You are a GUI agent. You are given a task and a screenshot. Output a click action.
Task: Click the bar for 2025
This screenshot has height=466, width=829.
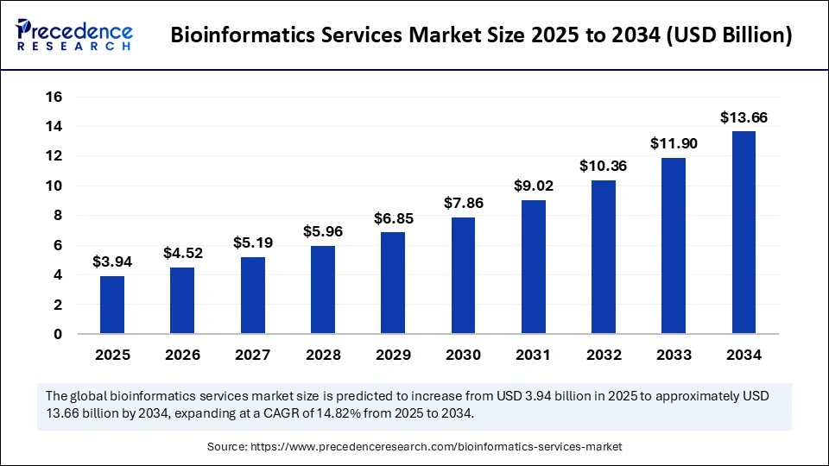pyautogui.click(x=112, y=305)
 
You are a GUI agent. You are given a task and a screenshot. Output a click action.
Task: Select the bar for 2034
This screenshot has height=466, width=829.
pyautogui.click(x=744, y=232)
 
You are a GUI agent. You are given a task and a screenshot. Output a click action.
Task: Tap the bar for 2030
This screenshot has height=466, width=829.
pyautogui.click(x=463, y=275)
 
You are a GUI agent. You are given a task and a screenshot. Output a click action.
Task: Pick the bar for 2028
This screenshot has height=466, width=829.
pyautogui.click(x=323, y=290)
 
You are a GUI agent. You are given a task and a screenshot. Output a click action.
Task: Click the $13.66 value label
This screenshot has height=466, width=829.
pyautogui.click(x=744, y=117)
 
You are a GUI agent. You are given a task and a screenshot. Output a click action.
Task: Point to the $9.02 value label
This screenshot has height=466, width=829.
pyautogui.click(x=533, y=186)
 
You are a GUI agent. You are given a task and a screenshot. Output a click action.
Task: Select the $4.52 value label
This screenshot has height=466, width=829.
pyautogui.click(x=182, y=253)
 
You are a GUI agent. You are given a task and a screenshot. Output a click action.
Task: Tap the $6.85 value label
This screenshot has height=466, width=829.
pyautogui.click(x=393, y=218)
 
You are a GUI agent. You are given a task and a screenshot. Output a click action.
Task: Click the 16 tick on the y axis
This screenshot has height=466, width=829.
pyautogui.click(x=54, y=98)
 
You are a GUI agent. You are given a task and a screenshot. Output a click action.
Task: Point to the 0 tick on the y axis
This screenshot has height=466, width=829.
pyautogui.click(x=58, y=334)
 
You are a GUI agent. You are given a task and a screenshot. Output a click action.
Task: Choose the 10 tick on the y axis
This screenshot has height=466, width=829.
pyautogui.click(x=54, y=186)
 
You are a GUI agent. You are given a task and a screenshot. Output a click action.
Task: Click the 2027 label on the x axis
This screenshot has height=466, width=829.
pyautogui.click(x=252, y=355)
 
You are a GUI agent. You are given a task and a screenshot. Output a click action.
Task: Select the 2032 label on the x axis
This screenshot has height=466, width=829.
pyautogui.click(x=604, y=355)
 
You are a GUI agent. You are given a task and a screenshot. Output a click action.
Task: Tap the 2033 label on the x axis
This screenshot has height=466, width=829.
pyautogui.click(x=674, y=355)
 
